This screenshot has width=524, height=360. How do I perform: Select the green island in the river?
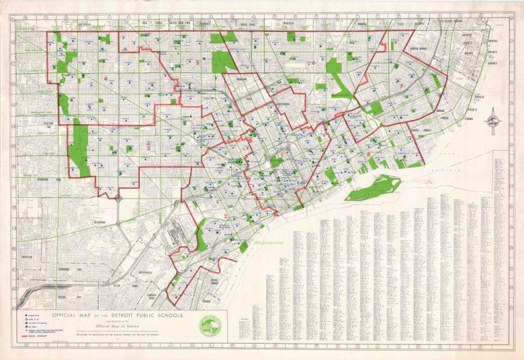(374, 187)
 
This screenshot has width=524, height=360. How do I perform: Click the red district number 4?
(106, 79)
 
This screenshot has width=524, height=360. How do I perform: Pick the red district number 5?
(197, 63)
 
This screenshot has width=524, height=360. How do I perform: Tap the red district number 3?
(149, 147)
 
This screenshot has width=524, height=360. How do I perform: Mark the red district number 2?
(225, 217)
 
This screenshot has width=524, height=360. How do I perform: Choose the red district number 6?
(313, 63)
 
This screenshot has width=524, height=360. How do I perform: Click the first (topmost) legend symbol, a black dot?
(27, 315)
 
